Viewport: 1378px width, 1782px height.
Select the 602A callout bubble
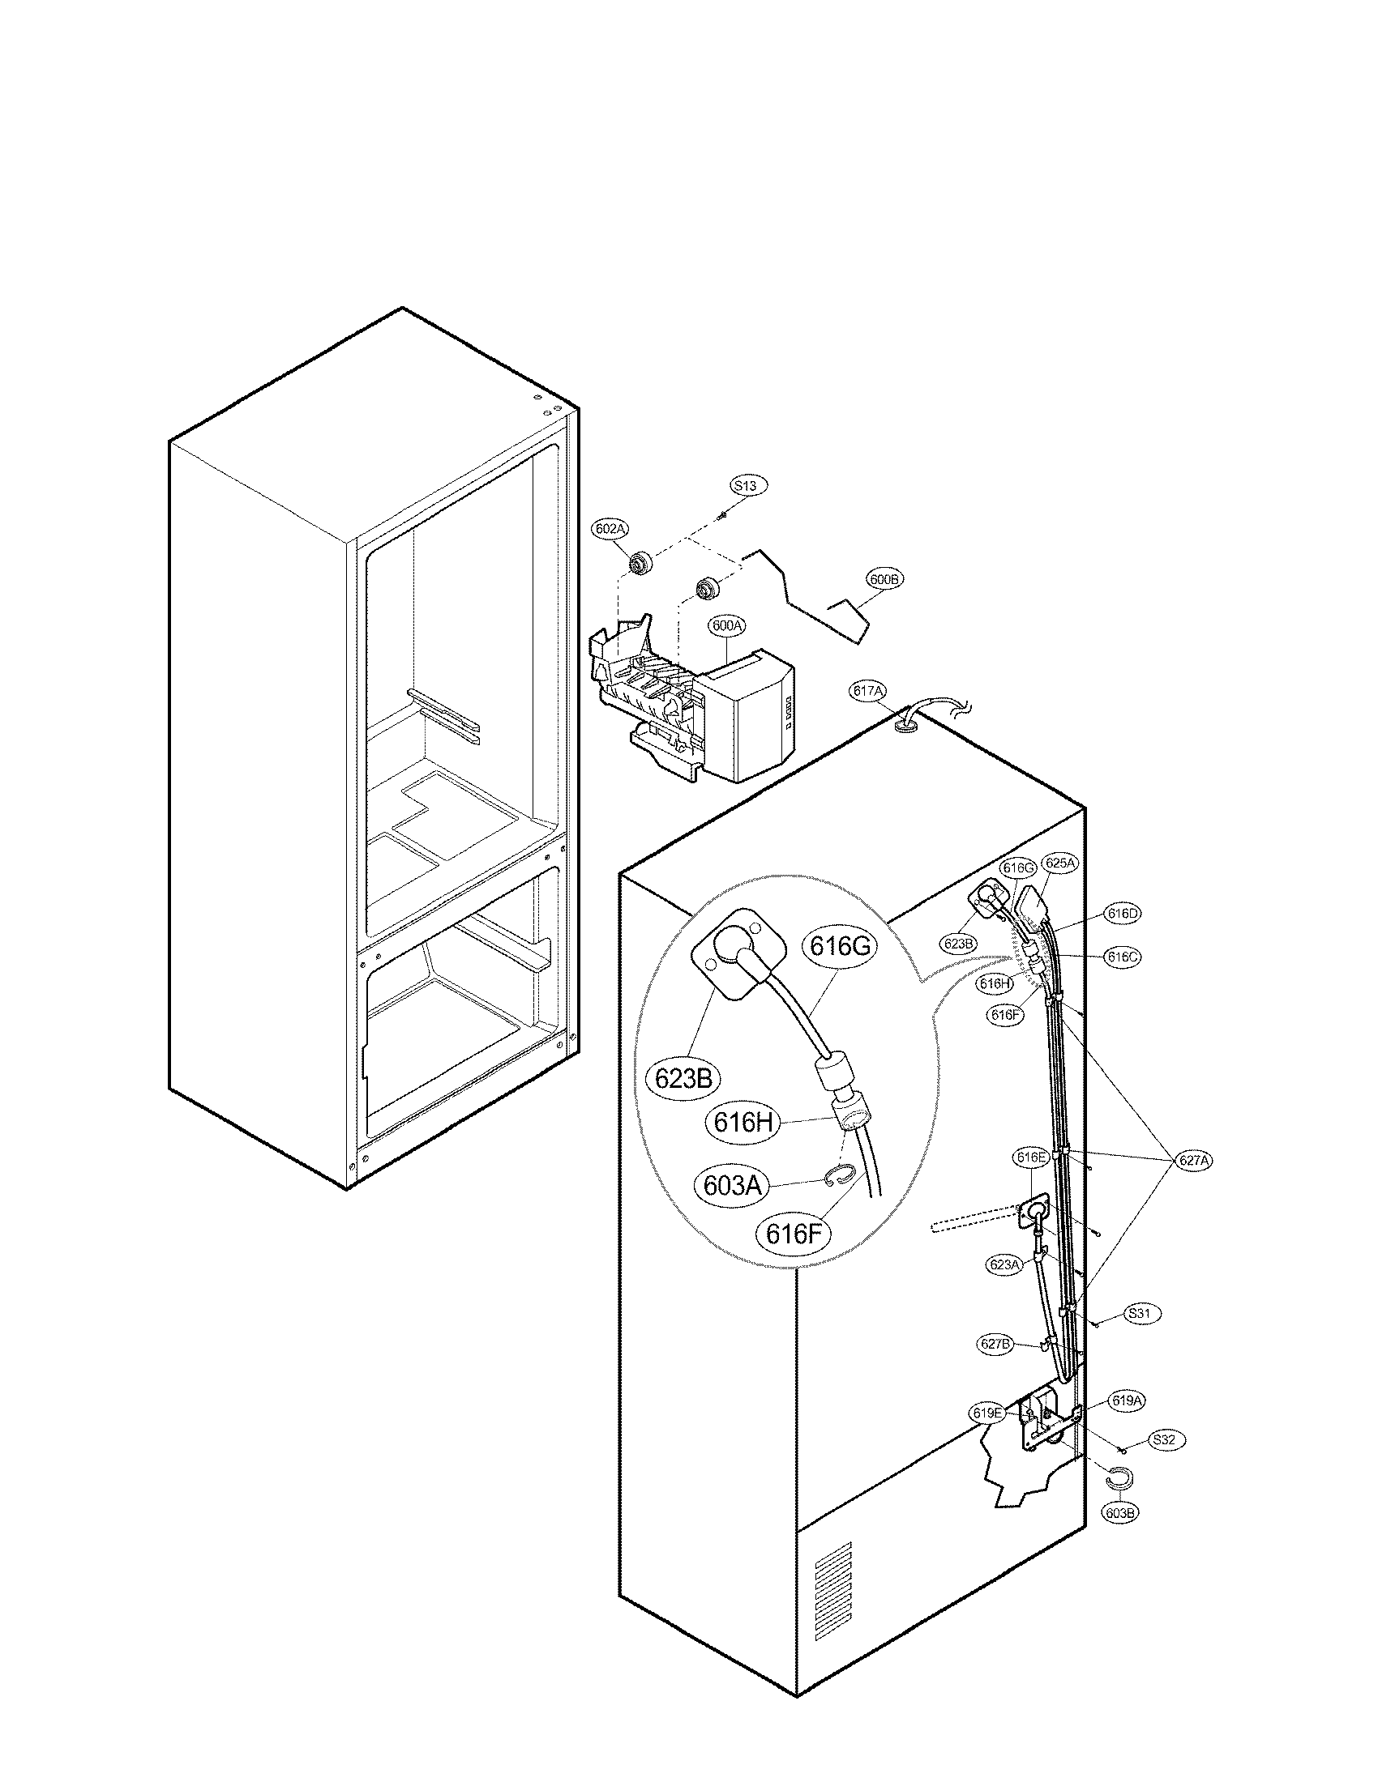[609, 529]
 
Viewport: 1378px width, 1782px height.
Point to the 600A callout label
[726, 626]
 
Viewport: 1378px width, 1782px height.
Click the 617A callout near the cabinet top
[868, 691]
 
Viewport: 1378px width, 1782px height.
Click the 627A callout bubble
[1192, 1160]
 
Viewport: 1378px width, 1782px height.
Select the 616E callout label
[1030, 1157]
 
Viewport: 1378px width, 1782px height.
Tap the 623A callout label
[1004, 1264]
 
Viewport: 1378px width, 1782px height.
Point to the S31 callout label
[1143, 1314]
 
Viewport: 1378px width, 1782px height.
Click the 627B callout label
[996, 1345]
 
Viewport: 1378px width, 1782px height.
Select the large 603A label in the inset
[732, 1185]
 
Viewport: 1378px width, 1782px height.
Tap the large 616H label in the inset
[742, 1123]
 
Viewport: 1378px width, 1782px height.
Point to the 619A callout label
[1127, 1401]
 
